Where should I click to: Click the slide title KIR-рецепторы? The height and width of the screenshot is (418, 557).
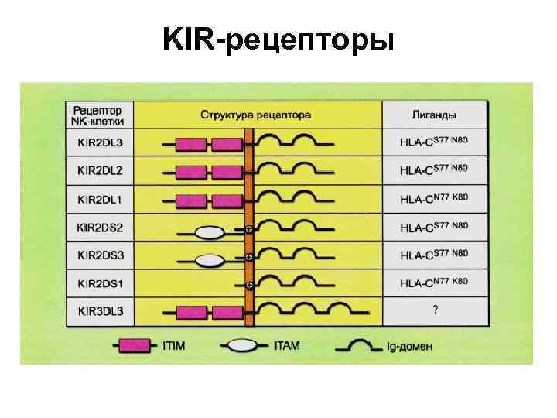point(278,38)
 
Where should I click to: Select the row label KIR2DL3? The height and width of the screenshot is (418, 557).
point(105,143)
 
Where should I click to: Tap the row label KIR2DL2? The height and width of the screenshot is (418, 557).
point(105,171)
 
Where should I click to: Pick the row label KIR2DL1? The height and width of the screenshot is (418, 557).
point(105,200)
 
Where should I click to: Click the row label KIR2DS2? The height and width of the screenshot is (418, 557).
point(105,228)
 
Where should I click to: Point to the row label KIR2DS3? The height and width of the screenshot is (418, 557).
point(105,255)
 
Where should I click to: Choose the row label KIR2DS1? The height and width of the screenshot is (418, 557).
point(105,283)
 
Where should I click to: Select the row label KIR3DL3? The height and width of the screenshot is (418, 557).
point(105,312)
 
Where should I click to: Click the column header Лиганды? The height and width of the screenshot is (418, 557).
point(434,115)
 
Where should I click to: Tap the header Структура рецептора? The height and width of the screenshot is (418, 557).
point(256,115)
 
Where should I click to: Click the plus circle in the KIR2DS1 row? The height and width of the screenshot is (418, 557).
point(249,284)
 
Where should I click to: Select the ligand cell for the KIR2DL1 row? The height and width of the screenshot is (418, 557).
point(434,200)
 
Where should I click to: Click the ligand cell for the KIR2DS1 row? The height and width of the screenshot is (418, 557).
point(434,283)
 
